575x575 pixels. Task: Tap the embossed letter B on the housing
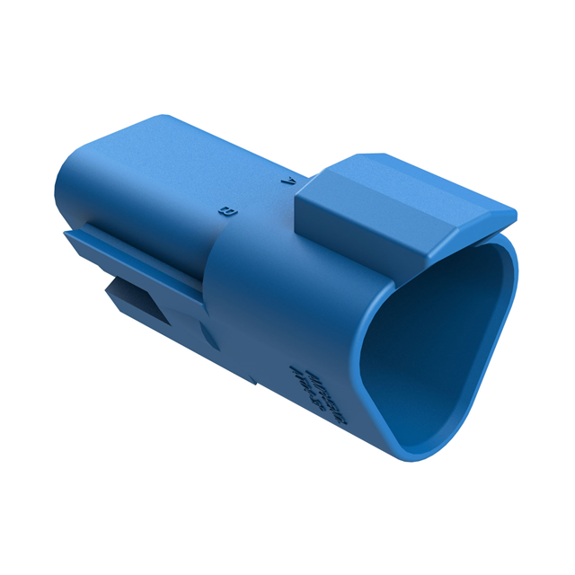coord(227,212)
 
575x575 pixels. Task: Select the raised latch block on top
coord(404,202)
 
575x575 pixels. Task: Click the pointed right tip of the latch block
coord(514,216)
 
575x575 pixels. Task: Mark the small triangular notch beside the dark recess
coord(206,337)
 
